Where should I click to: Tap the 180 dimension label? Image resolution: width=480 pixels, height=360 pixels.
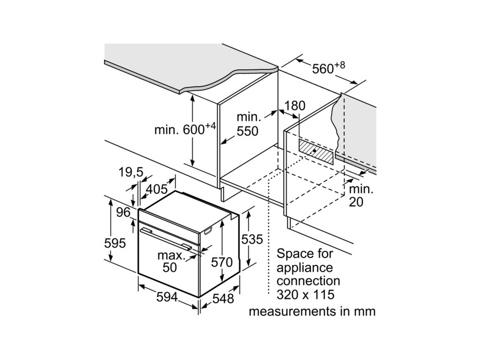click(x=294, y=106)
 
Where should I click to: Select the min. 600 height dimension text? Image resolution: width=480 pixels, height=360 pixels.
click(x=185, y=129)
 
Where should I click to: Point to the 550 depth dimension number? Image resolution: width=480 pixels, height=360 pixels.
click(x=247, y=131)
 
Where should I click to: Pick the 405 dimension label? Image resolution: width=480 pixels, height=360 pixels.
click(x=157, y=189)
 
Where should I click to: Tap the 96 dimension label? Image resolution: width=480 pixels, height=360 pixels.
click(x=123, y=212)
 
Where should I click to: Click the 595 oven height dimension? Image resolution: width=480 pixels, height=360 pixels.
click(x=115, y=243)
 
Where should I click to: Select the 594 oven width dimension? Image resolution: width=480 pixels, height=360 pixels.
click(x=167, y=297)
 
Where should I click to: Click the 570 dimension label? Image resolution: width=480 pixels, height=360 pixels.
click(x=222, y=262)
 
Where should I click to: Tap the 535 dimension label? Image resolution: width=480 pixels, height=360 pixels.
click(x=252, y=240)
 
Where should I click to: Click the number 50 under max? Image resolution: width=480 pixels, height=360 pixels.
click(x=170, y=267)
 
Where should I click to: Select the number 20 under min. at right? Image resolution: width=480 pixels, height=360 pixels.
click(x=356, y=202)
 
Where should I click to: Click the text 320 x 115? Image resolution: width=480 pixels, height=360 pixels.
click(x=305, y=294)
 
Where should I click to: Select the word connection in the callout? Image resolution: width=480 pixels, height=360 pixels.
click(x=308, y=281)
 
